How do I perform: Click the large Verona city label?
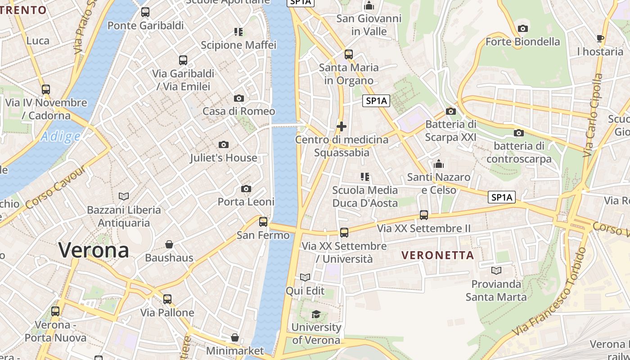[x=94, y=250]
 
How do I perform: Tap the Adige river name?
[x=60, y=136]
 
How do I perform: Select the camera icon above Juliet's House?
[x=223, y=144]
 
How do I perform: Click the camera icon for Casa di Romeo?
[x=239, y=98]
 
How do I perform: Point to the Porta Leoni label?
[x=246, y=202]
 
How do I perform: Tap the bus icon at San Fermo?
[x=263, y=221]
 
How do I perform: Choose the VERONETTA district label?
[x=437, y=255]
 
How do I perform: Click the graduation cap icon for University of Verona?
[x=316, y=314]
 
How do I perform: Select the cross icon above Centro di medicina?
[x=342, y=126]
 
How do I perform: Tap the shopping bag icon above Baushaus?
[x=169, y=244]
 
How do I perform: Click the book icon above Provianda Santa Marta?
[x=496, y=270]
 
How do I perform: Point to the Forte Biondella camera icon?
[x=522, y=29]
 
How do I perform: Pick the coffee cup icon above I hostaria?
[x=600, y=38]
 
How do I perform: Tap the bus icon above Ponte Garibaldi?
[x=145, y=12]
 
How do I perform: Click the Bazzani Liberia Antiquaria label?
[x=124, y=216]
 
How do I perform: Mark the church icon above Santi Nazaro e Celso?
[x=439, y=164]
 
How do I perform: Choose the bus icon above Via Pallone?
[x=167, y=299]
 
